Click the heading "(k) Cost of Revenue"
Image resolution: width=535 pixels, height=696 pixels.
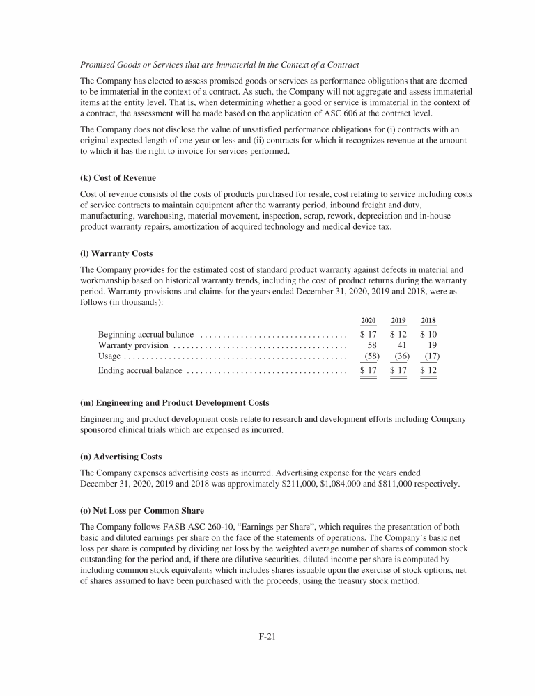tap(118, 178)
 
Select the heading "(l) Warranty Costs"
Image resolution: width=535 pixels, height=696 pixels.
tap(116, 253)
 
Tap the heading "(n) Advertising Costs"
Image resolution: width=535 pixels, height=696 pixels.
tap(121, 457)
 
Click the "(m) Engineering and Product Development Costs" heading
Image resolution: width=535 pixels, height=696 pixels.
tap(174, 403)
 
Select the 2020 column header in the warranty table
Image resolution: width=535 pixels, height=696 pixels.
tap(369, 321)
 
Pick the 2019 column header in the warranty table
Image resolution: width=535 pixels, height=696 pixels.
tap(398, 321)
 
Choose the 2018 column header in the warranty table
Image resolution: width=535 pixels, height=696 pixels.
tap(428, 321)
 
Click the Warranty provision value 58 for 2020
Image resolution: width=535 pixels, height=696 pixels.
tap(372, 345)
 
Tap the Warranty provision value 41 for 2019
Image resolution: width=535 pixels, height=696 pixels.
tap(402, 345)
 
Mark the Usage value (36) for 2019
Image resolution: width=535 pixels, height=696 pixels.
tap(401, 356)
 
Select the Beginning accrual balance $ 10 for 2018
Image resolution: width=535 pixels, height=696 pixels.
tap(428, 334)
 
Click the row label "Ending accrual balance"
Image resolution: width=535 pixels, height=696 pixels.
tap(140, 371)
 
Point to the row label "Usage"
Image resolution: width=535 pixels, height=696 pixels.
tap(109, 356)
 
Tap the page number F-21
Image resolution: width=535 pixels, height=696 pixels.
tap(267, 635)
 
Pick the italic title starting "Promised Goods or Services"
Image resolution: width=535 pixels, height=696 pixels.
tap(219, 65)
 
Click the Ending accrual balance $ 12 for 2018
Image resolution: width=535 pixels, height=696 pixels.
tap(428, 371)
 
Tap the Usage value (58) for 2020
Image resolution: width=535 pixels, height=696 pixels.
tap(371, 356)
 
